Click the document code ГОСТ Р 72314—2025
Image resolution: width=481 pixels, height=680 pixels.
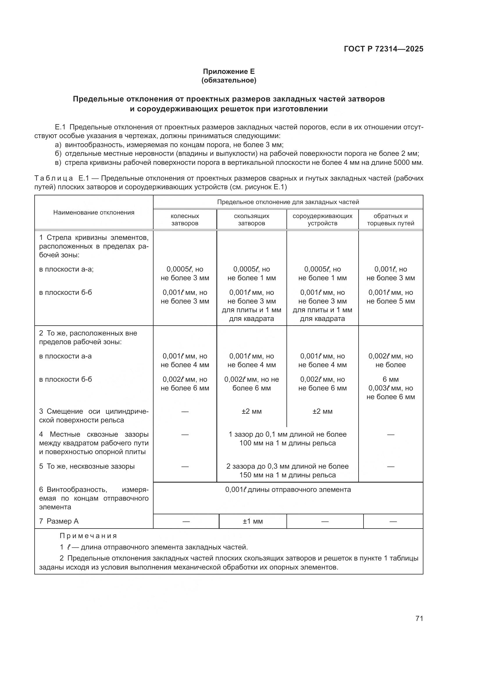coord(383,49)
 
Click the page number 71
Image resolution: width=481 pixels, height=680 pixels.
coord(419,618)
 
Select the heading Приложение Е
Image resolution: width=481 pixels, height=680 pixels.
coord(229,72)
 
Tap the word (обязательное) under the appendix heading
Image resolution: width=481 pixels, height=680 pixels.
coord(229,80)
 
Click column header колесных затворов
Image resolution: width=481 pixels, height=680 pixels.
coord(185,219)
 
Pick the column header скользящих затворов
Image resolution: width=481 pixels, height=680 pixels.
coord(252,219)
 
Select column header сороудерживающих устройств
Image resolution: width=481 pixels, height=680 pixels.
coord(322,219)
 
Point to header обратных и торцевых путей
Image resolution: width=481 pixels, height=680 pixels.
coord(390,219)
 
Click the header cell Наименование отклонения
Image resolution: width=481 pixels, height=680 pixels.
coord(94,212)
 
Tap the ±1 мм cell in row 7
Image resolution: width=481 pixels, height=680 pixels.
coord(253,521)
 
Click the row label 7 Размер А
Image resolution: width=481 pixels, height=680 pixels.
coord(59,521)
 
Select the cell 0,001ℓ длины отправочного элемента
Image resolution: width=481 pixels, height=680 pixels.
coord(288,490)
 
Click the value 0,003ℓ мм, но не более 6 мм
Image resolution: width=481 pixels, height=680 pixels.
coord(390,392)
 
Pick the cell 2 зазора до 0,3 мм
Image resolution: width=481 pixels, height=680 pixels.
coord(287,471)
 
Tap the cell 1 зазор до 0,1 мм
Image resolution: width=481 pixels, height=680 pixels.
coord(287,439)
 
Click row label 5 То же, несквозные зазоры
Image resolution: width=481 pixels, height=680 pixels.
coord(87,466)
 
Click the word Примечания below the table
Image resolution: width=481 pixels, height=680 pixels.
coord(88,536)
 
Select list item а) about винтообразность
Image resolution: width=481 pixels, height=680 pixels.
coord(169,145)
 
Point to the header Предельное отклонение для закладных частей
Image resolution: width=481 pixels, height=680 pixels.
coord(288,202)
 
